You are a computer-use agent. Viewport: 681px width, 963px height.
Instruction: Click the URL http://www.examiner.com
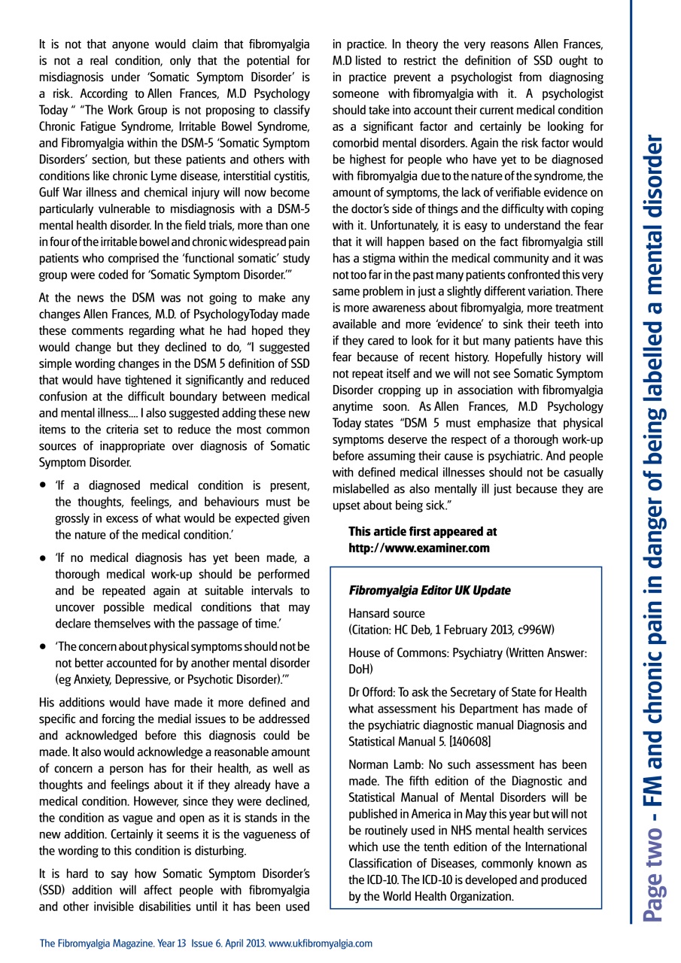pyautogui.click(x=418, y=548)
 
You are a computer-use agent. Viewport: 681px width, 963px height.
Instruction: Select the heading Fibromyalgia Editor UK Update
pyautogui.click(x=429, y=591)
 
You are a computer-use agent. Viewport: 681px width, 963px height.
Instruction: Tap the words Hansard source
pyautogui.click(x=386, y=614)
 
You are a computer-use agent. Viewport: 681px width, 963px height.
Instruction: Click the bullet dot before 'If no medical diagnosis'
pyautogui.click(x=45, y=558)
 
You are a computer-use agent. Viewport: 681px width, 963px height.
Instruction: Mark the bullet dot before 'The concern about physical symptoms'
pyautogui.click(x=45, y=646)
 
